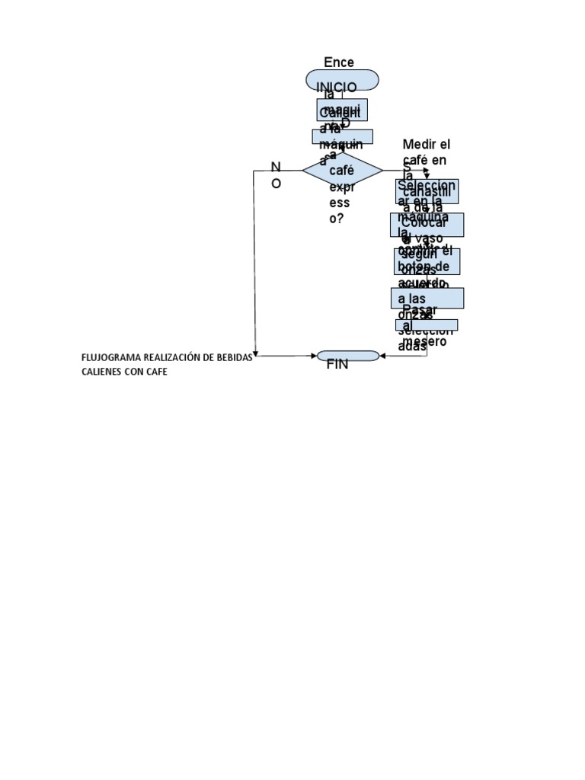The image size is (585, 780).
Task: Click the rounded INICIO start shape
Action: click(x=342, y=80)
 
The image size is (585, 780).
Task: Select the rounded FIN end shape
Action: click(x=347, y=356)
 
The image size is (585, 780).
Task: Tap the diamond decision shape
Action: click(x=342, y=171)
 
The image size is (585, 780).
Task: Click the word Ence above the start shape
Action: click(x=339, y=62)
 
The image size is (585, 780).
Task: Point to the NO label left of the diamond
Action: click(x=276, y=175)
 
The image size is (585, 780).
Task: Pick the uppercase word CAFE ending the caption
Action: click(x=155, y=372)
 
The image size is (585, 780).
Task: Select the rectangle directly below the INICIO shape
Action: click(x=342, y=110)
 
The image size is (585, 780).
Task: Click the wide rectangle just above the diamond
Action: click(x=342, y=136)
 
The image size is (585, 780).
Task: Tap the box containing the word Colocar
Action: click(x=427, y=225)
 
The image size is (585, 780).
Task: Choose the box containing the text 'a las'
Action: click(x=427, y=298)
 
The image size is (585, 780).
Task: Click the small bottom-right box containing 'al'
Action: click(x=427, y=325)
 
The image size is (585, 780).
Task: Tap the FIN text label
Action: click(x=337, y=365)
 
